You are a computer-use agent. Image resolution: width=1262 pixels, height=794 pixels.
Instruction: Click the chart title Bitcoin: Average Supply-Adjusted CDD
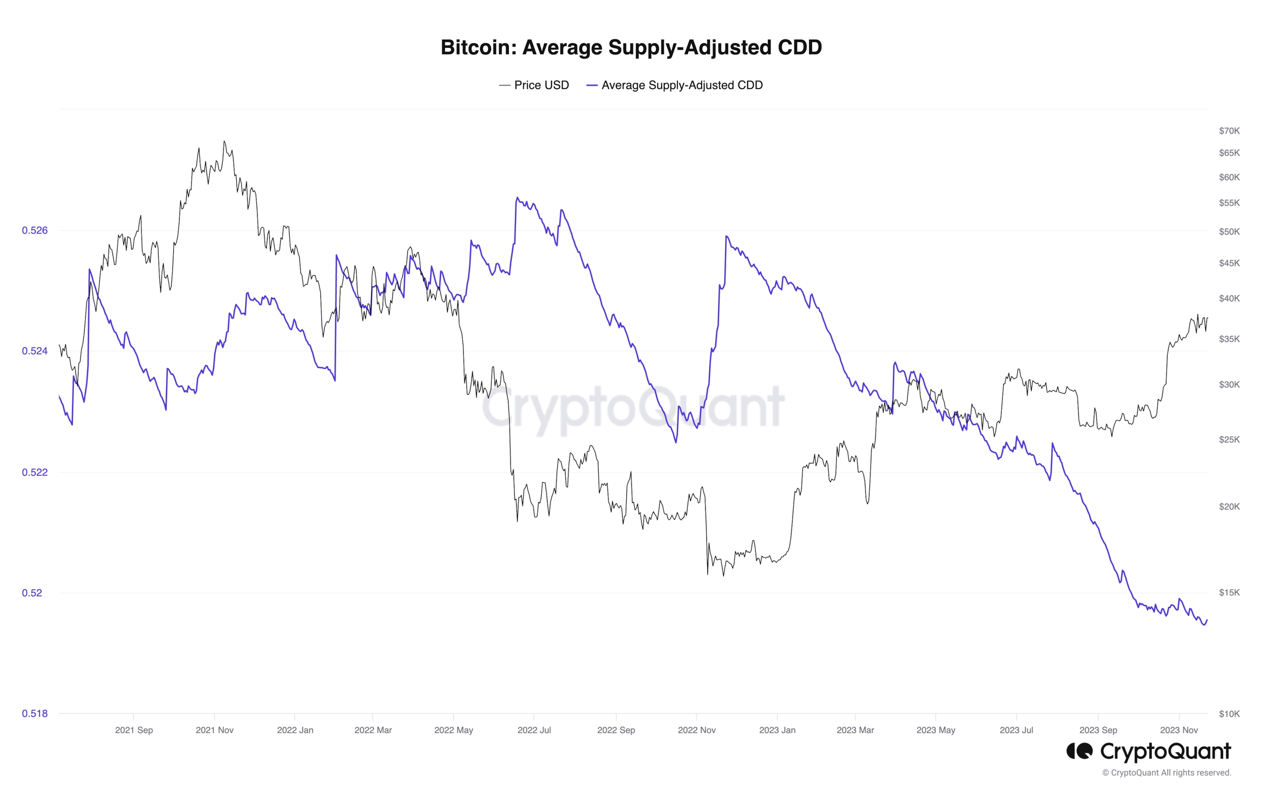pos(631,47)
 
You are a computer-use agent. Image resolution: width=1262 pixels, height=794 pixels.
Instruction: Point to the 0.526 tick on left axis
pos(35,231)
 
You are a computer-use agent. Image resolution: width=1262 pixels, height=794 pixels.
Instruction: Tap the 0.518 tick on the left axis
pos(35,714)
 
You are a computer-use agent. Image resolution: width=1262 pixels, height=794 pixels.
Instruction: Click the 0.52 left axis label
pos(32,593)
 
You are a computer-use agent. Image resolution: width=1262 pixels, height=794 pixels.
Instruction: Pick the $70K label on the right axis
pos(1229,131)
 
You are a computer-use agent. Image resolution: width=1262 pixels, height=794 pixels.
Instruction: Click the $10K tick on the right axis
pos(1229,714)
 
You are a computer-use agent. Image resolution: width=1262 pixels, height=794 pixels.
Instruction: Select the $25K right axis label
pos(1229,440)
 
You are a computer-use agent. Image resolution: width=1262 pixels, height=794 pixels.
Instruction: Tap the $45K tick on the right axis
pos(1229,263)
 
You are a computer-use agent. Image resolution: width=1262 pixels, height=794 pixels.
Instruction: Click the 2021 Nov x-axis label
pos(215,730)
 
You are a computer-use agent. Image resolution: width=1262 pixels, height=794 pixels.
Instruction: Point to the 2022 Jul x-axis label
pos(534,730)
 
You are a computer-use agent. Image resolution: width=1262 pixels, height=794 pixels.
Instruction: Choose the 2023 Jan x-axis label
pos(777,730)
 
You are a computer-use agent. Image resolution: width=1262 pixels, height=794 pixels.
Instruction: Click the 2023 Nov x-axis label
pos(1179,730)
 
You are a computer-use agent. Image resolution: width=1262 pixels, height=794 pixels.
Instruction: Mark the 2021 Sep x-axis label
pos(134,730)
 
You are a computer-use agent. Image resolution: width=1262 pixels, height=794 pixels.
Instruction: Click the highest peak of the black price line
pos(224,142)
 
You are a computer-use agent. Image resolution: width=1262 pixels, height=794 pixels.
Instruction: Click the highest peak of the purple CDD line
pos(518,198)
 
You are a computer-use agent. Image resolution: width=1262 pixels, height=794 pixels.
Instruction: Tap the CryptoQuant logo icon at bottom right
pos(1080,751)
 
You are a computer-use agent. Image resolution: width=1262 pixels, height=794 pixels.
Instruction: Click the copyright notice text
pos(1166,773)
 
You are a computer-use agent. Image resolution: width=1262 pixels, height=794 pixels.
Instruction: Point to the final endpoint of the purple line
pos(1207,620)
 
